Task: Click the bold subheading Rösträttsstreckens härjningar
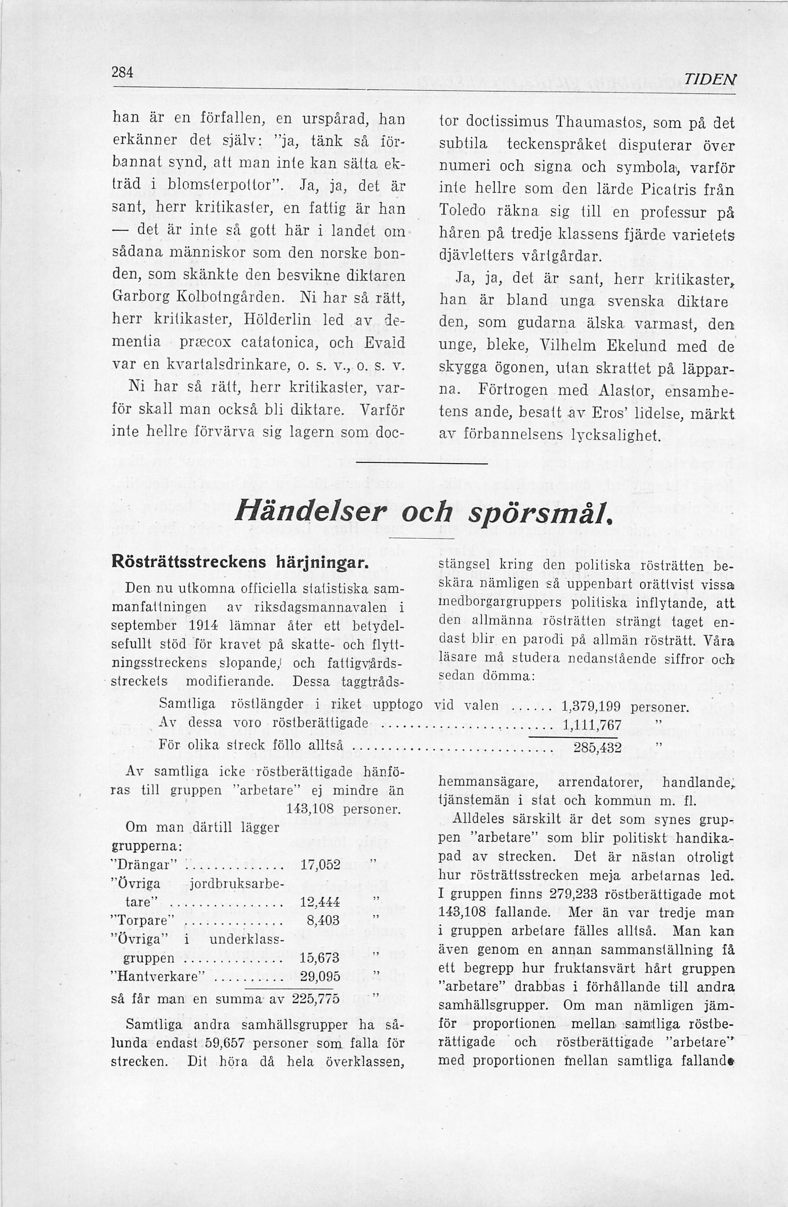click(240, 563)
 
